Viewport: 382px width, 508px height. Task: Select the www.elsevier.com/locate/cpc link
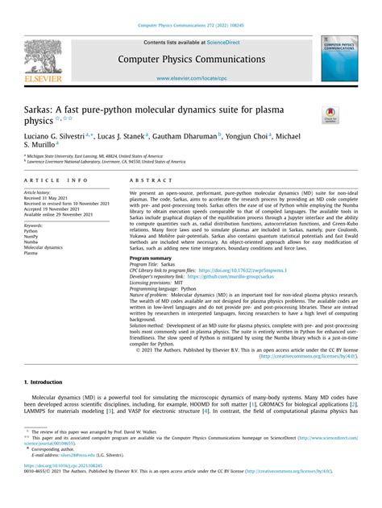coord(190,78)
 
